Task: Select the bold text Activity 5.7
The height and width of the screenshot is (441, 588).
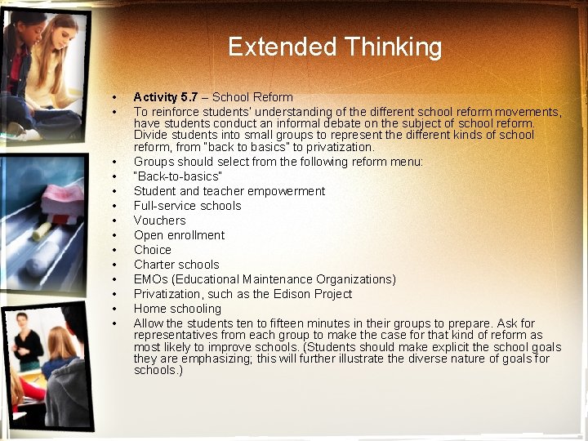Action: pyautogui.click(x=165, y=97)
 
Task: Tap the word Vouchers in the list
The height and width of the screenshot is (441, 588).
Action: pyautogui.click(x=159, y=220)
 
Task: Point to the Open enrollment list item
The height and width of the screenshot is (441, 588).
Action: pyautogui.click(x=179, y=235)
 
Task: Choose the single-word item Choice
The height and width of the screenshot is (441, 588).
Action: pyautogui.click(x=153, y=250)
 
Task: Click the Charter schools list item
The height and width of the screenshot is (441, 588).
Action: pyautogui.click(x=176, y=265)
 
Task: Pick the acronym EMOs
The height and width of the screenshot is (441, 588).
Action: pyautogui.click(x=151, y=279)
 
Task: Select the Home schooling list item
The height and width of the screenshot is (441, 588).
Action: pyautogui.click(x=177, y=309)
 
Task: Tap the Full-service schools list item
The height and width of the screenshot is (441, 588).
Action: pyautogui.click(x=187, y=206)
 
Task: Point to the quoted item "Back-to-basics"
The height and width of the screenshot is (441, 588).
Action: pyautogui.click(x=177, y=176)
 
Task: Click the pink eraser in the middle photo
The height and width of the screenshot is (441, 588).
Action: pyautogui.click(x=63, y=197)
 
